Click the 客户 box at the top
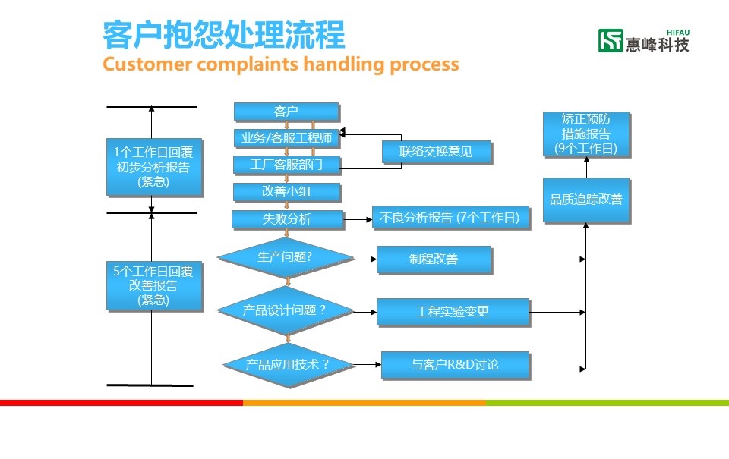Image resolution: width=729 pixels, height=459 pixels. coord(286,112)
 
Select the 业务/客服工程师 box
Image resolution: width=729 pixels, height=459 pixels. coord(286,138)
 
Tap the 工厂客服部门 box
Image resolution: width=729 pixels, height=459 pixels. coord(286,165)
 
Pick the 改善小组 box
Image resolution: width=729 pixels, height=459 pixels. coord(286,192)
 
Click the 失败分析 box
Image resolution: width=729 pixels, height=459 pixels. coord(287,219)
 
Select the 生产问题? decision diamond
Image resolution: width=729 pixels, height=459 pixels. coord(286,258)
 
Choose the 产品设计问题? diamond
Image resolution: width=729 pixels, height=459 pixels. coord(286,310)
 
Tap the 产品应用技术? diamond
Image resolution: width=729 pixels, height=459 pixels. coord(289,365)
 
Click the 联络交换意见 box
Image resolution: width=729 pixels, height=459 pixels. coord(437,152)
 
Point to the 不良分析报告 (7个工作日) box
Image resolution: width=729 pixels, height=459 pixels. coord(450,218)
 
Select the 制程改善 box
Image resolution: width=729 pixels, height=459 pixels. coord(434,259)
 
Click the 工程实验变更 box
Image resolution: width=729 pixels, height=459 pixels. coord(453,312)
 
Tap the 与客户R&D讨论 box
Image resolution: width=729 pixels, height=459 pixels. coord(455,365)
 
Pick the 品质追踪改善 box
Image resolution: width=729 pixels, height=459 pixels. coord(587,200)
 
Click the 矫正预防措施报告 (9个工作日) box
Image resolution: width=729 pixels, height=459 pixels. coord(587,134)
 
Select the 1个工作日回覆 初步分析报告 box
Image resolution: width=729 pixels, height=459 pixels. coord(154,167)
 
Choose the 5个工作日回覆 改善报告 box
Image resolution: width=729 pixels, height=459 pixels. coord(154,286)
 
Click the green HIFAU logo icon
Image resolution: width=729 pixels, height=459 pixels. coord(610,40)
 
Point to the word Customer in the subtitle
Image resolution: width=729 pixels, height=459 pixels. coord(147,64)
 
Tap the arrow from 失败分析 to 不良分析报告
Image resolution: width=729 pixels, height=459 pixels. coord(358,219)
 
